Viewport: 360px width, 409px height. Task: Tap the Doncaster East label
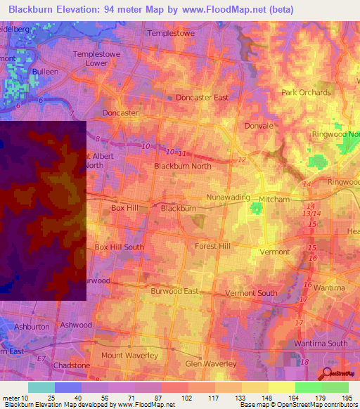point(202,98)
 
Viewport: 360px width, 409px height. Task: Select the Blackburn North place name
point(182,166)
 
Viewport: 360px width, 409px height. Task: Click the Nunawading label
point(228,197)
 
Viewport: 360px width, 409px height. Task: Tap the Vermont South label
point(251,292)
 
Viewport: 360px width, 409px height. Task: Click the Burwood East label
point(175,290)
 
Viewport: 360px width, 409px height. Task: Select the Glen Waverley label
point(210,363)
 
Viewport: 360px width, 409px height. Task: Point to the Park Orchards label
point(306,92)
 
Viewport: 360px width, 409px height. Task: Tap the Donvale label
point(259,126)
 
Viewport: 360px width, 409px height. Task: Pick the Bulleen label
point(44,72)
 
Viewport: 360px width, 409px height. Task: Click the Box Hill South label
point(119,247)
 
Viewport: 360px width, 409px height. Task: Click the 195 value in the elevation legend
point(345,398)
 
